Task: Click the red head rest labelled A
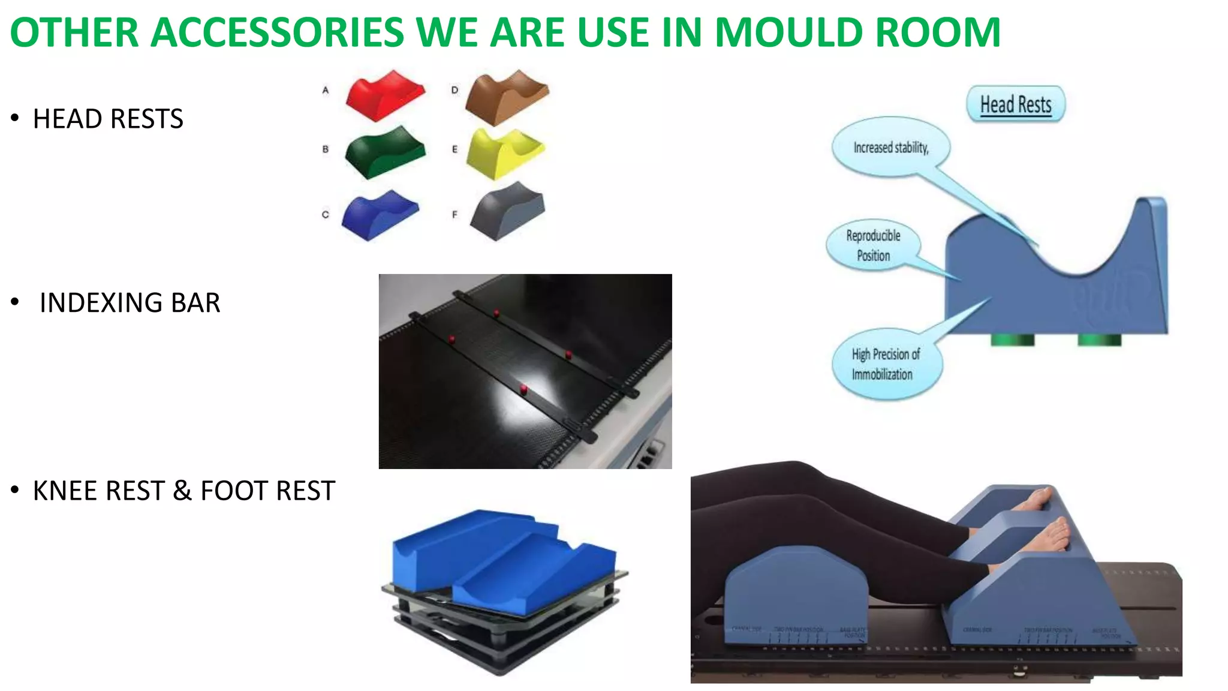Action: pos(385,95)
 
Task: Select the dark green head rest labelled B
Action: pos(385,152)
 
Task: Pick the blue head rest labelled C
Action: pos(380,215)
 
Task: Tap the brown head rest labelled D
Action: pos(507,97)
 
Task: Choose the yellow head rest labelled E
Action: pos(505,153)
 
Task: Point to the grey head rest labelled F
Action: pos(507,215)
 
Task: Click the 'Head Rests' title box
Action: pos(1015,104)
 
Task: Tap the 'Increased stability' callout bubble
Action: pos(890,148)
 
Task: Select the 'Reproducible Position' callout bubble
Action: pos(873,245)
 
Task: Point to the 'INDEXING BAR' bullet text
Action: pos(130,303)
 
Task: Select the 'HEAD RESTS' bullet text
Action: pos(108,119)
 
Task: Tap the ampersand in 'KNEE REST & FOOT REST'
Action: pos(182,491)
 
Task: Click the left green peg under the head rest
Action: pos(1012,340)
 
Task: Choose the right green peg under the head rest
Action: pos(1099,340)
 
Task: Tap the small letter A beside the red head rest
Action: pos(326,90)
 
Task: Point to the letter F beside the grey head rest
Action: pos(455,214)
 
